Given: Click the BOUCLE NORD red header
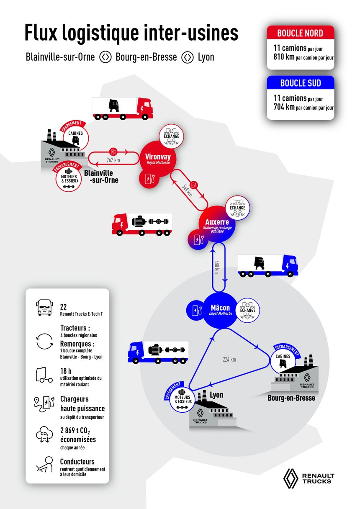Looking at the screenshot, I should tap(300, 33).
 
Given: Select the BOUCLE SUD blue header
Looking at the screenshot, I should tap(300, 83).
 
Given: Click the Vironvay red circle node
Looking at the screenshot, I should tap(155, 159).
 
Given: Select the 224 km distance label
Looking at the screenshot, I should tap(229, 359).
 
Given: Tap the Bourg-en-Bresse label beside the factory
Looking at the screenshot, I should tap(291, 398).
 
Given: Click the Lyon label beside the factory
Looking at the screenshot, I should tap(216, 395).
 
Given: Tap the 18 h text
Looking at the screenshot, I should tap(66, 370).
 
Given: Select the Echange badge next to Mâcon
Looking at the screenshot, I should tap(248, 311).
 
